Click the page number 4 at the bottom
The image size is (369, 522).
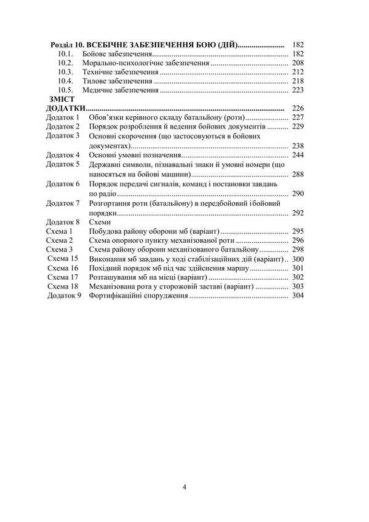184,487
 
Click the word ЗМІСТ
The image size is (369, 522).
60,98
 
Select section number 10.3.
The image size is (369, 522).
66,72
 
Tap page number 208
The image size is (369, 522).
298,63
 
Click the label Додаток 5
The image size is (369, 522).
63,165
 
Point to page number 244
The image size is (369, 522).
298,156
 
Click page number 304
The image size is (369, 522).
298,296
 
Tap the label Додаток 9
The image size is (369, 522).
64,296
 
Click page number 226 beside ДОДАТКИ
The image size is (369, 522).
298,108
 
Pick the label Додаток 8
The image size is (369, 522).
63,221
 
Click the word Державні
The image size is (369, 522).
109,165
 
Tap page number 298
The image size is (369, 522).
298,250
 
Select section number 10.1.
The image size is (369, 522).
66,54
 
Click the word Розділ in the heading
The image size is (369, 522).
64,45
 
